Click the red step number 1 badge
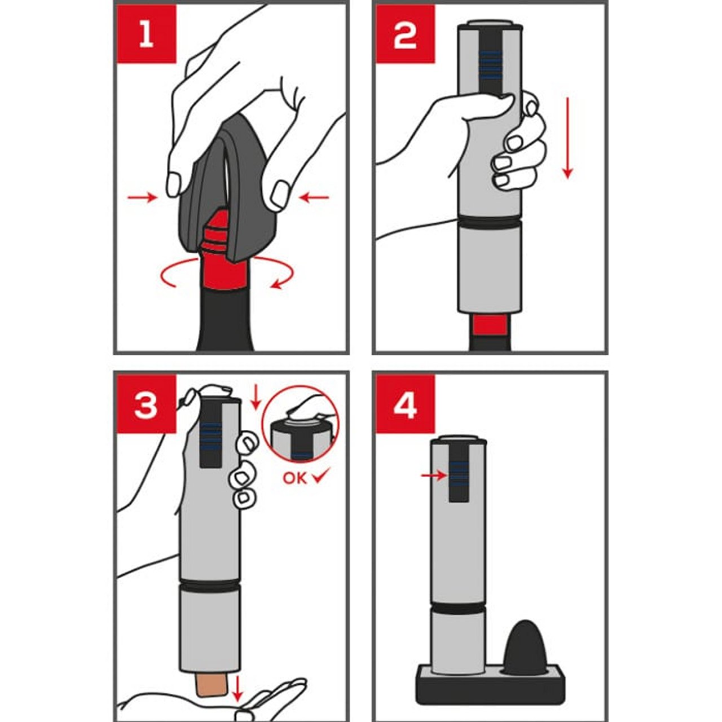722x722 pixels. pyautogui.click(x=147, y=34)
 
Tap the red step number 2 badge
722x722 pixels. pyautogui.click(x=406, y=34)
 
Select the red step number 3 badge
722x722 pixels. pyautogui.click(x=146, y=404)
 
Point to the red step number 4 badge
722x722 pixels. pyautogui.click(x=406, y=404)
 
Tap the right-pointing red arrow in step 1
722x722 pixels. pyautogui.click(x=142, y=197)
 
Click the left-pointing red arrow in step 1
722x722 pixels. pyautogui.click(x=315, y=197)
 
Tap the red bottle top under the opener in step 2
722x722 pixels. pyautogui.click(x=491, y=324)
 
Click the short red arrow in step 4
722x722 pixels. pyautogui.click(x=434, y=476)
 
